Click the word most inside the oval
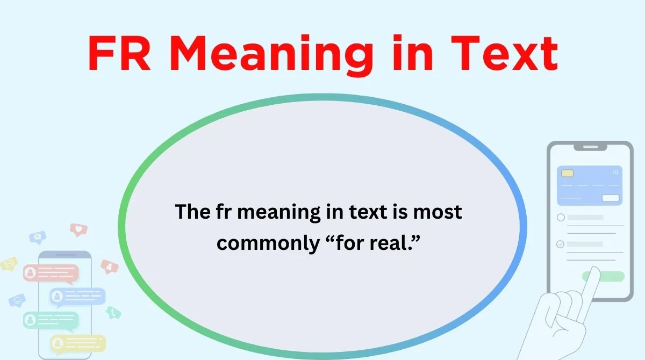pyautogui.click(x=437, y=212)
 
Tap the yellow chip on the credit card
pyautogui.click(x=567, y=174)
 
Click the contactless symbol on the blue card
pyautogui.click(x=615, y=172)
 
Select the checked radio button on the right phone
pyautogui.click(x=561, y=244)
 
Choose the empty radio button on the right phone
pyautogui.click(x=561, y=218)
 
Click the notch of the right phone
pyautogui.click(x=590, y=147)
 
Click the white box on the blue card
pyautogui.click(x=610, y=198)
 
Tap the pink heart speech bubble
pyautogui.click(x=78, y=230)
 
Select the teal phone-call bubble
pyautogui.click(x=113, y=312)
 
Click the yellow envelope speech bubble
pyautogui.click(x=9, y=264)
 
